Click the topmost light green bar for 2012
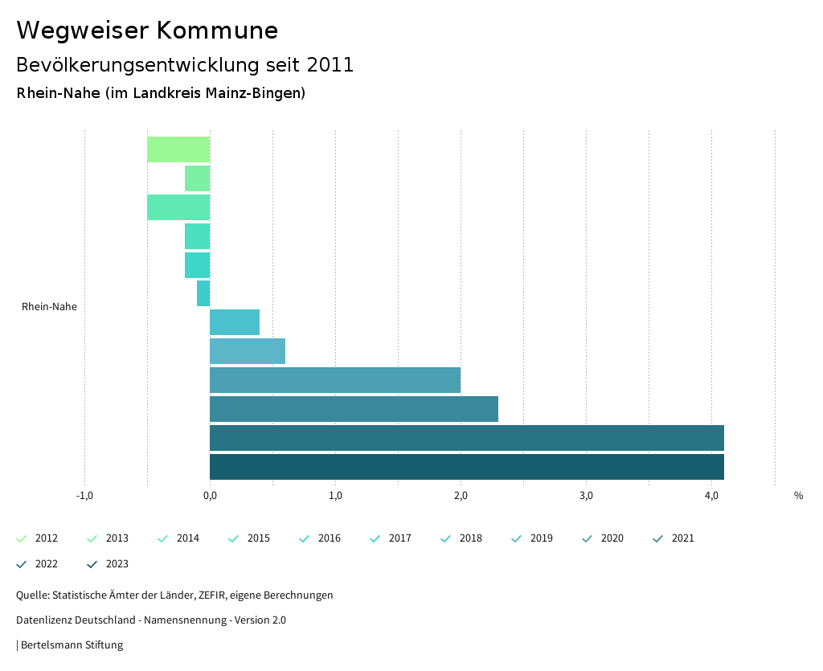click(x=178, y=149)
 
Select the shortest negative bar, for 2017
click(x=203, y=293)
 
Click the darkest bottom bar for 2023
click(x=466, y=467)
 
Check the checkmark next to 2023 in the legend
click(x=92, y=564)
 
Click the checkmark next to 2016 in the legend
click(x=305, y=538)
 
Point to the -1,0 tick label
click(x=84, y=496)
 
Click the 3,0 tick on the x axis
click(x=586, y=496)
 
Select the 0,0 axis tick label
click(x=210, y=496)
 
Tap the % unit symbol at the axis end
click(x=798, y=496)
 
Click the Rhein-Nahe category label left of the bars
click(x=49, y=306)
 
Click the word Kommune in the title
click(x=217, y=31)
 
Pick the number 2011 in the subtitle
click(x=330, y=65)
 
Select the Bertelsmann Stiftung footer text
click(x=72, y=644)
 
